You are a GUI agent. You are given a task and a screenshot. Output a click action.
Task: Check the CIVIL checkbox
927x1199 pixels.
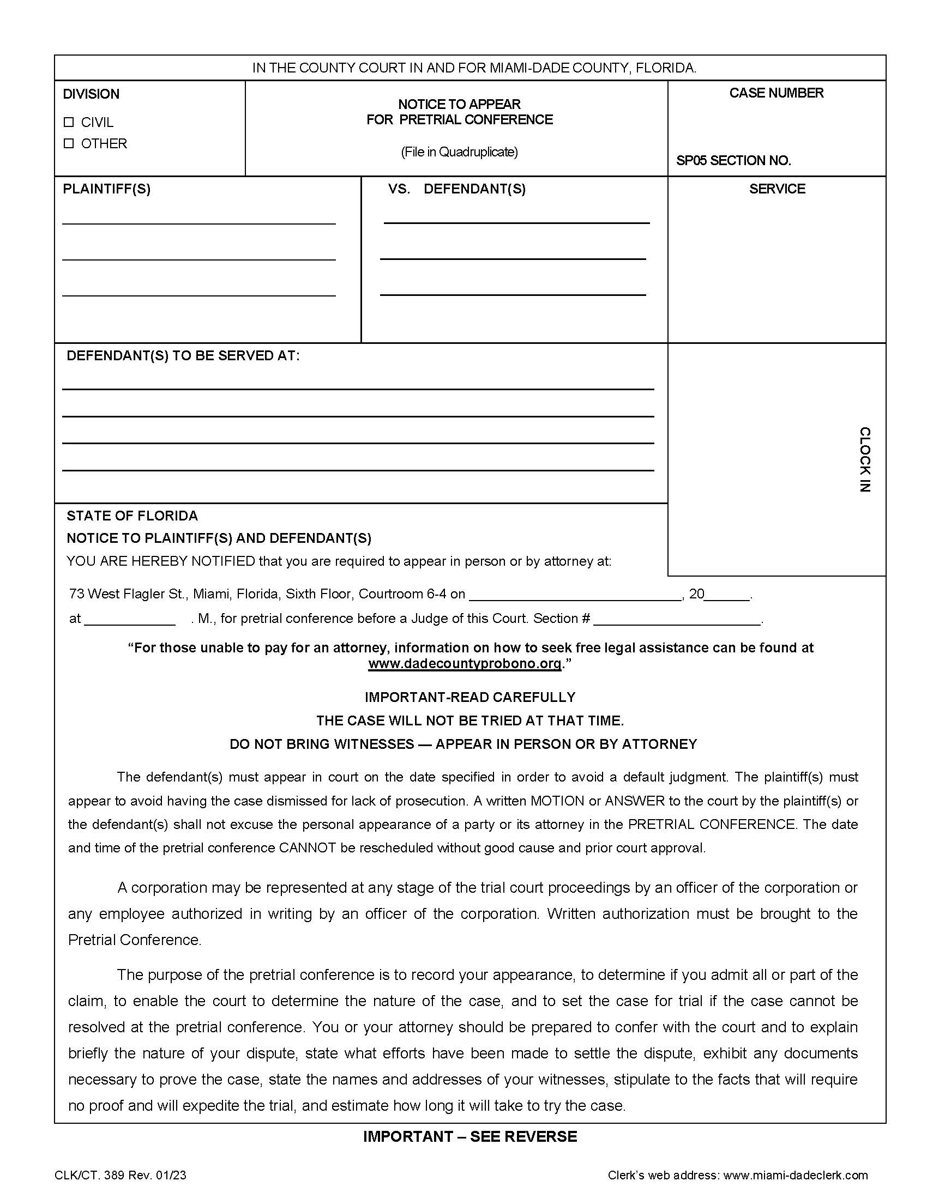tap(69, 122)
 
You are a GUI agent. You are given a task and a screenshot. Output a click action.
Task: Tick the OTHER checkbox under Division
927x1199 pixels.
tap(69, 143)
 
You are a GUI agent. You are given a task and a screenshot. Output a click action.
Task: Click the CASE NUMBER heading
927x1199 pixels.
tap(776, 93)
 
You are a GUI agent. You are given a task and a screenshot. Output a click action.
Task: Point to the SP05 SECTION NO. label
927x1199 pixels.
tap(733, 161)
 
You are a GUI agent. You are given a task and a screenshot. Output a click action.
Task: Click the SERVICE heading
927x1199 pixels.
tap(777, 189)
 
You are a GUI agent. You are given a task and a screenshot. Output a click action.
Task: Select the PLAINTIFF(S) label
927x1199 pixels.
tap(106, 189)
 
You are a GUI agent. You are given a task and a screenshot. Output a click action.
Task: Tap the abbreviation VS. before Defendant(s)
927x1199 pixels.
tap(399, 189)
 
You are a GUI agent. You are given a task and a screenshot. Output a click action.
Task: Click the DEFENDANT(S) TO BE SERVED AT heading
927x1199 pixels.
tap(183, 356)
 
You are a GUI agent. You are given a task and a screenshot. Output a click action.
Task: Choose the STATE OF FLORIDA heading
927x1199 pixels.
tap(132, 516)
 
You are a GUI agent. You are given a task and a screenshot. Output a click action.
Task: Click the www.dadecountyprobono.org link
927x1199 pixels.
tap(465, 664)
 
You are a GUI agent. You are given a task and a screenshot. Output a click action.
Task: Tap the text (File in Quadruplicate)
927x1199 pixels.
tap(459, 152)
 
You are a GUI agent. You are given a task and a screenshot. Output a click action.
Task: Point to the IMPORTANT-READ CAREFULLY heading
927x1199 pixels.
tap(470, 697)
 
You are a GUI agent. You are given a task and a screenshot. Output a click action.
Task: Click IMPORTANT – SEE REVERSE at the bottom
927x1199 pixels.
tap(470, 1136)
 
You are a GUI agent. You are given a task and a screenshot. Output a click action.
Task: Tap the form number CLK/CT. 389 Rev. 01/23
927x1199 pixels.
tap(121, 1176)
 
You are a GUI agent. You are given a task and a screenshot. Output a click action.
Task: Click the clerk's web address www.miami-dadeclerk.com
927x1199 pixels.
tap(795, 1176)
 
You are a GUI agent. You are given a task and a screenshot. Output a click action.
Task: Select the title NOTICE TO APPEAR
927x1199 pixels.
tap(459, 104)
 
